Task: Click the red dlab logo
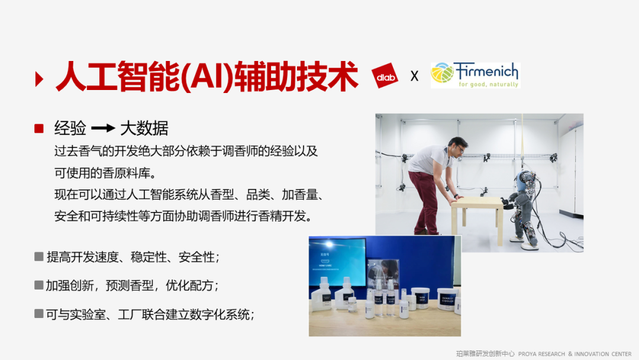tap(385, 76)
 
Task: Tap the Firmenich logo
tap(475, 75)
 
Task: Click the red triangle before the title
tap(39, 79)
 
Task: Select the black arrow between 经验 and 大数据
tap(103, 128)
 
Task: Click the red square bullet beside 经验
tap(39, 128)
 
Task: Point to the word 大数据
tap(144, 128)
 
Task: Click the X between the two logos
tap(414, 76)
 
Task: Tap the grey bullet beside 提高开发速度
tap(39, 256)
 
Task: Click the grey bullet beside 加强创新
tap(39, 285)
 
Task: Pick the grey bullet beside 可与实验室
tap(39, 313)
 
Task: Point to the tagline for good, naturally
tap(488, 85)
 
